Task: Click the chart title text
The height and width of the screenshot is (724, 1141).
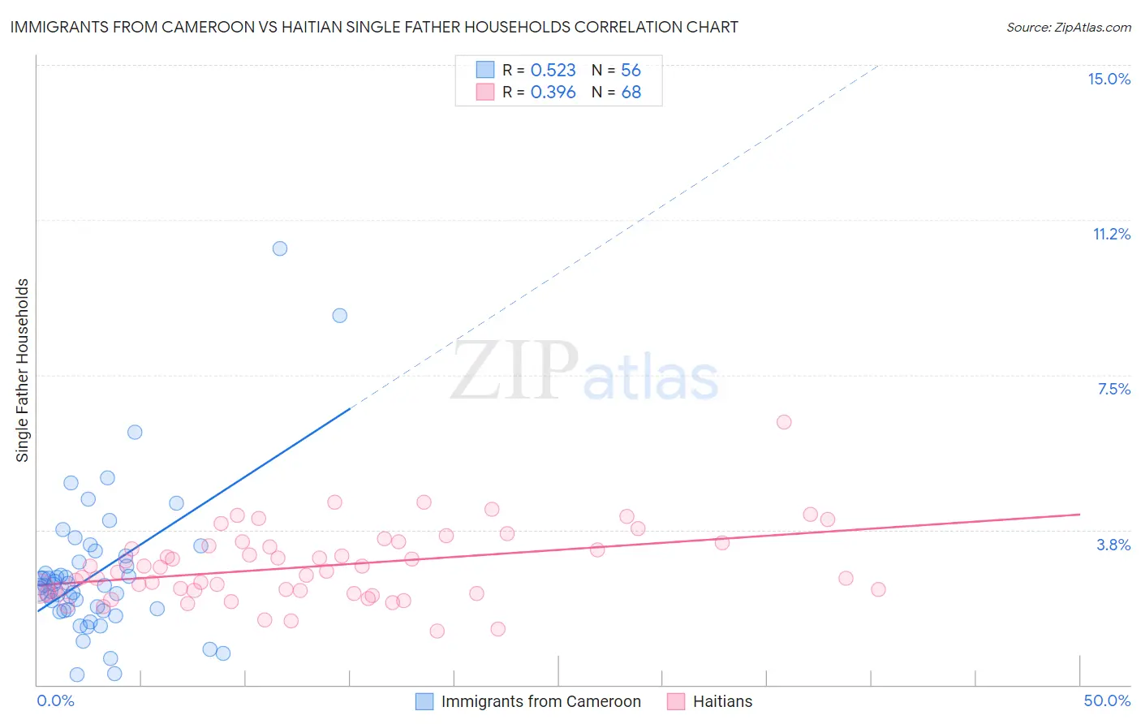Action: tap(374, 27)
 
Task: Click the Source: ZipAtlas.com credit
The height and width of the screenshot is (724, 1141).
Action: tap(1068, 27)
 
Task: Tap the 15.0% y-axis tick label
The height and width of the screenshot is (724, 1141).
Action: tap(1109, 79)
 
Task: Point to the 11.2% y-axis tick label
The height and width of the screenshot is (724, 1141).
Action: tap(1111, 234)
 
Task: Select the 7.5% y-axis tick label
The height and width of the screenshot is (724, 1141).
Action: tap(1113, 389)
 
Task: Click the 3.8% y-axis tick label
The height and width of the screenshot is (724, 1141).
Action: tap(1113, 545)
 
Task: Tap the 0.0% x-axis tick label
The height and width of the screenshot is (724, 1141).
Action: tap(55, 700)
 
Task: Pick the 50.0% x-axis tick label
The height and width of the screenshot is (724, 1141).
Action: tap(1106, 700)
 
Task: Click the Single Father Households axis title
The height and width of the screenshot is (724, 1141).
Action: tap(23, 370)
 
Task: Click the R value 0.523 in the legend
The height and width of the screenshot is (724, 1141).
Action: tap(553, 70)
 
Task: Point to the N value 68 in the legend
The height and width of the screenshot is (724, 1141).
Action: tap(631, 92)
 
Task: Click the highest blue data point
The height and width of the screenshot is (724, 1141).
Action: tap(280, 248)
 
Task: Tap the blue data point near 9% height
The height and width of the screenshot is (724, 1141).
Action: tap(340, 315)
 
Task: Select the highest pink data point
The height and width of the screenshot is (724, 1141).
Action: tap(784, 422)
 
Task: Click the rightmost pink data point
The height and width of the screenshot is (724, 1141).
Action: tap(878, 589)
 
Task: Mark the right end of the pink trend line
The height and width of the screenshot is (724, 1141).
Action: tap(1079, 514)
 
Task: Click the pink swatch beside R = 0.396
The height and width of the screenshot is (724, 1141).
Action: tap(484, 92)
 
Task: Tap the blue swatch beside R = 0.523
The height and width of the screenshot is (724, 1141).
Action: tap(484, 70)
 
